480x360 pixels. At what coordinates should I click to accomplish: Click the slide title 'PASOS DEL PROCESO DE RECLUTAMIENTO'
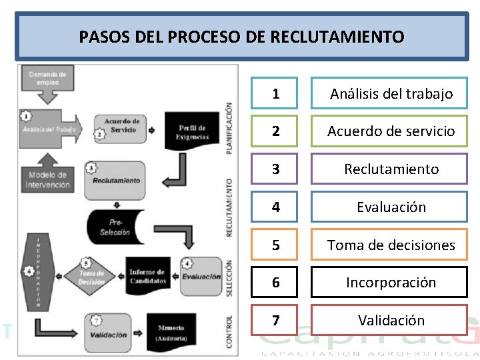[241, 37]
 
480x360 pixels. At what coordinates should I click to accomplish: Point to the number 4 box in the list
[276, 207]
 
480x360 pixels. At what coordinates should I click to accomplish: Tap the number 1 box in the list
[276, 93]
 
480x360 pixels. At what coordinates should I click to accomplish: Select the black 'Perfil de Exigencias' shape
[192, 131]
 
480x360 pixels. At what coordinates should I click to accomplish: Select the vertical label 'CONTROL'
[229, 331]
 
